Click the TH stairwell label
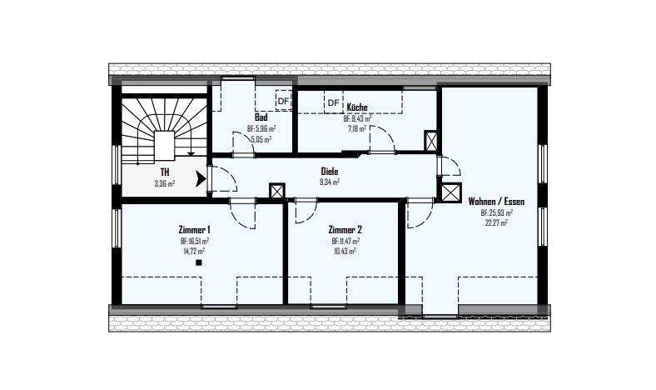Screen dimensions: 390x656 165,173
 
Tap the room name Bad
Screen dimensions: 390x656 261,118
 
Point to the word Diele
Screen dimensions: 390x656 330,171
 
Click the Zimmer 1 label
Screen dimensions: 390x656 194,229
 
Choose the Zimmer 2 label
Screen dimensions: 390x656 345,229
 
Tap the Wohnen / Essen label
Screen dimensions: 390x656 496,202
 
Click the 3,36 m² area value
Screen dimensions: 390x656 165,184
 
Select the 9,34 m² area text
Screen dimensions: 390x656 330,181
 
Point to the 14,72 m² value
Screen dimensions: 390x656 194,250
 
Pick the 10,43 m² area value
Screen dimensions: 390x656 345,250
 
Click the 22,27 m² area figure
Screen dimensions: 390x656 496,222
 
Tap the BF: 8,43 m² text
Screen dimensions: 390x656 360,119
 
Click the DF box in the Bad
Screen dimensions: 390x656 283,102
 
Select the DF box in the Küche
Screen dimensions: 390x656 333,102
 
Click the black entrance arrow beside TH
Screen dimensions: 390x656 200,178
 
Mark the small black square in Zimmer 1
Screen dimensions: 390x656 199,262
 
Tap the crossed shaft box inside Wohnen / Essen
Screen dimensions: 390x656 451,192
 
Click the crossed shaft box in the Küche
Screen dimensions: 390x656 431,140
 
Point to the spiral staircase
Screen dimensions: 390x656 161,132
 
